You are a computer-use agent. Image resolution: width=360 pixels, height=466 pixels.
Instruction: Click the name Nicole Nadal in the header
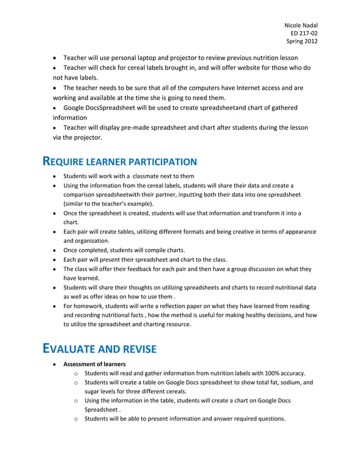[300, 25]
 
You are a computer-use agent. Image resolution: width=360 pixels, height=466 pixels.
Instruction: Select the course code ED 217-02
[304, 33]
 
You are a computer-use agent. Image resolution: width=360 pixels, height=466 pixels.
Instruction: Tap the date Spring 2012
[302, 41]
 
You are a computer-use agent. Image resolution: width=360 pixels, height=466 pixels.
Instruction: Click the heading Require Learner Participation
[120, 162]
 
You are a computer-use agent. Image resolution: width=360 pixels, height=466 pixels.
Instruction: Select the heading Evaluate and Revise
[100, 349]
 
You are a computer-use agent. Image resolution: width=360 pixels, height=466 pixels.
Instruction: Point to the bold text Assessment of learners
[94, 364]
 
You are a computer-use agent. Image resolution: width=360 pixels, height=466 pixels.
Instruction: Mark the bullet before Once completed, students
[54, 250]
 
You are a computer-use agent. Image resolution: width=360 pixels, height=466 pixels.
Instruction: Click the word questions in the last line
[271, 419]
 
